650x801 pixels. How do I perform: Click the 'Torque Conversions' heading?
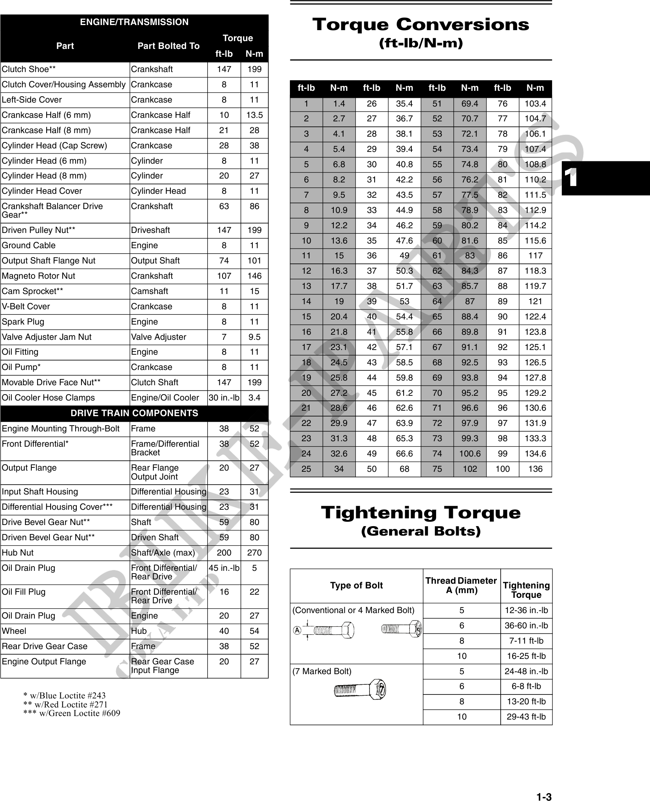(x=420, y=25)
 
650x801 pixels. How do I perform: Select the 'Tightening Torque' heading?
(x=420, y=512)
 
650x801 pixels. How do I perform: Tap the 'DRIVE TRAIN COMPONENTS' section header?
(x=134, y=413)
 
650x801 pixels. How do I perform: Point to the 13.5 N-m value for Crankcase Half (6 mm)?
(x=254, y=115)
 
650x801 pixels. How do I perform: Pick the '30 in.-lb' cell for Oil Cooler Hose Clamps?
(x=224, y=398)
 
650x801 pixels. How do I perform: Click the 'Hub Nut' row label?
(x=18, y=553)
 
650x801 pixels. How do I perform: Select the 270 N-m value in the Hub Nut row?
(x=254, y=553)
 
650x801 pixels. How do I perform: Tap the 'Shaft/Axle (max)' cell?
(x=163, y=553)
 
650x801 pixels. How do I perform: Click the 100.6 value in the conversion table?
(x=470, y=454)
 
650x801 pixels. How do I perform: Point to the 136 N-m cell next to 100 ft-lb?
(x=535, y=469)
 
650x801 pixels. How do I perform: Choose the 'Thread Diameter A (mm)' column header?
(x=461, y=586)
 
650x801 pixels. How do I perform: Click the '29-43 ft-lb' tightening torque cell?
(x=526, y=717)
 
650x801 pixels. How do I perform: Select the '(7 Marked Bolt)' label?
(x=322, y=671)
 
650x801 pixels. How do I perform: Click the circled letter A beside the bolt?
(x=297, y=630)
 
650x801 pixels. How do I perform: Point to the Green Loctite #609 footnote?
(x=72, y=713)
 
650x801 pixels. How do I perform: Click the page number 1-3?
(x=544, y=786)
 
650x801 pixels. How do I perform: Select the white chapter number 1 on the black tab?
(x=572, y=179)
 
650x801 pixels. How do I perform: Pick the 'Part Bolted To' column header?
(x=168, y=46)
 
